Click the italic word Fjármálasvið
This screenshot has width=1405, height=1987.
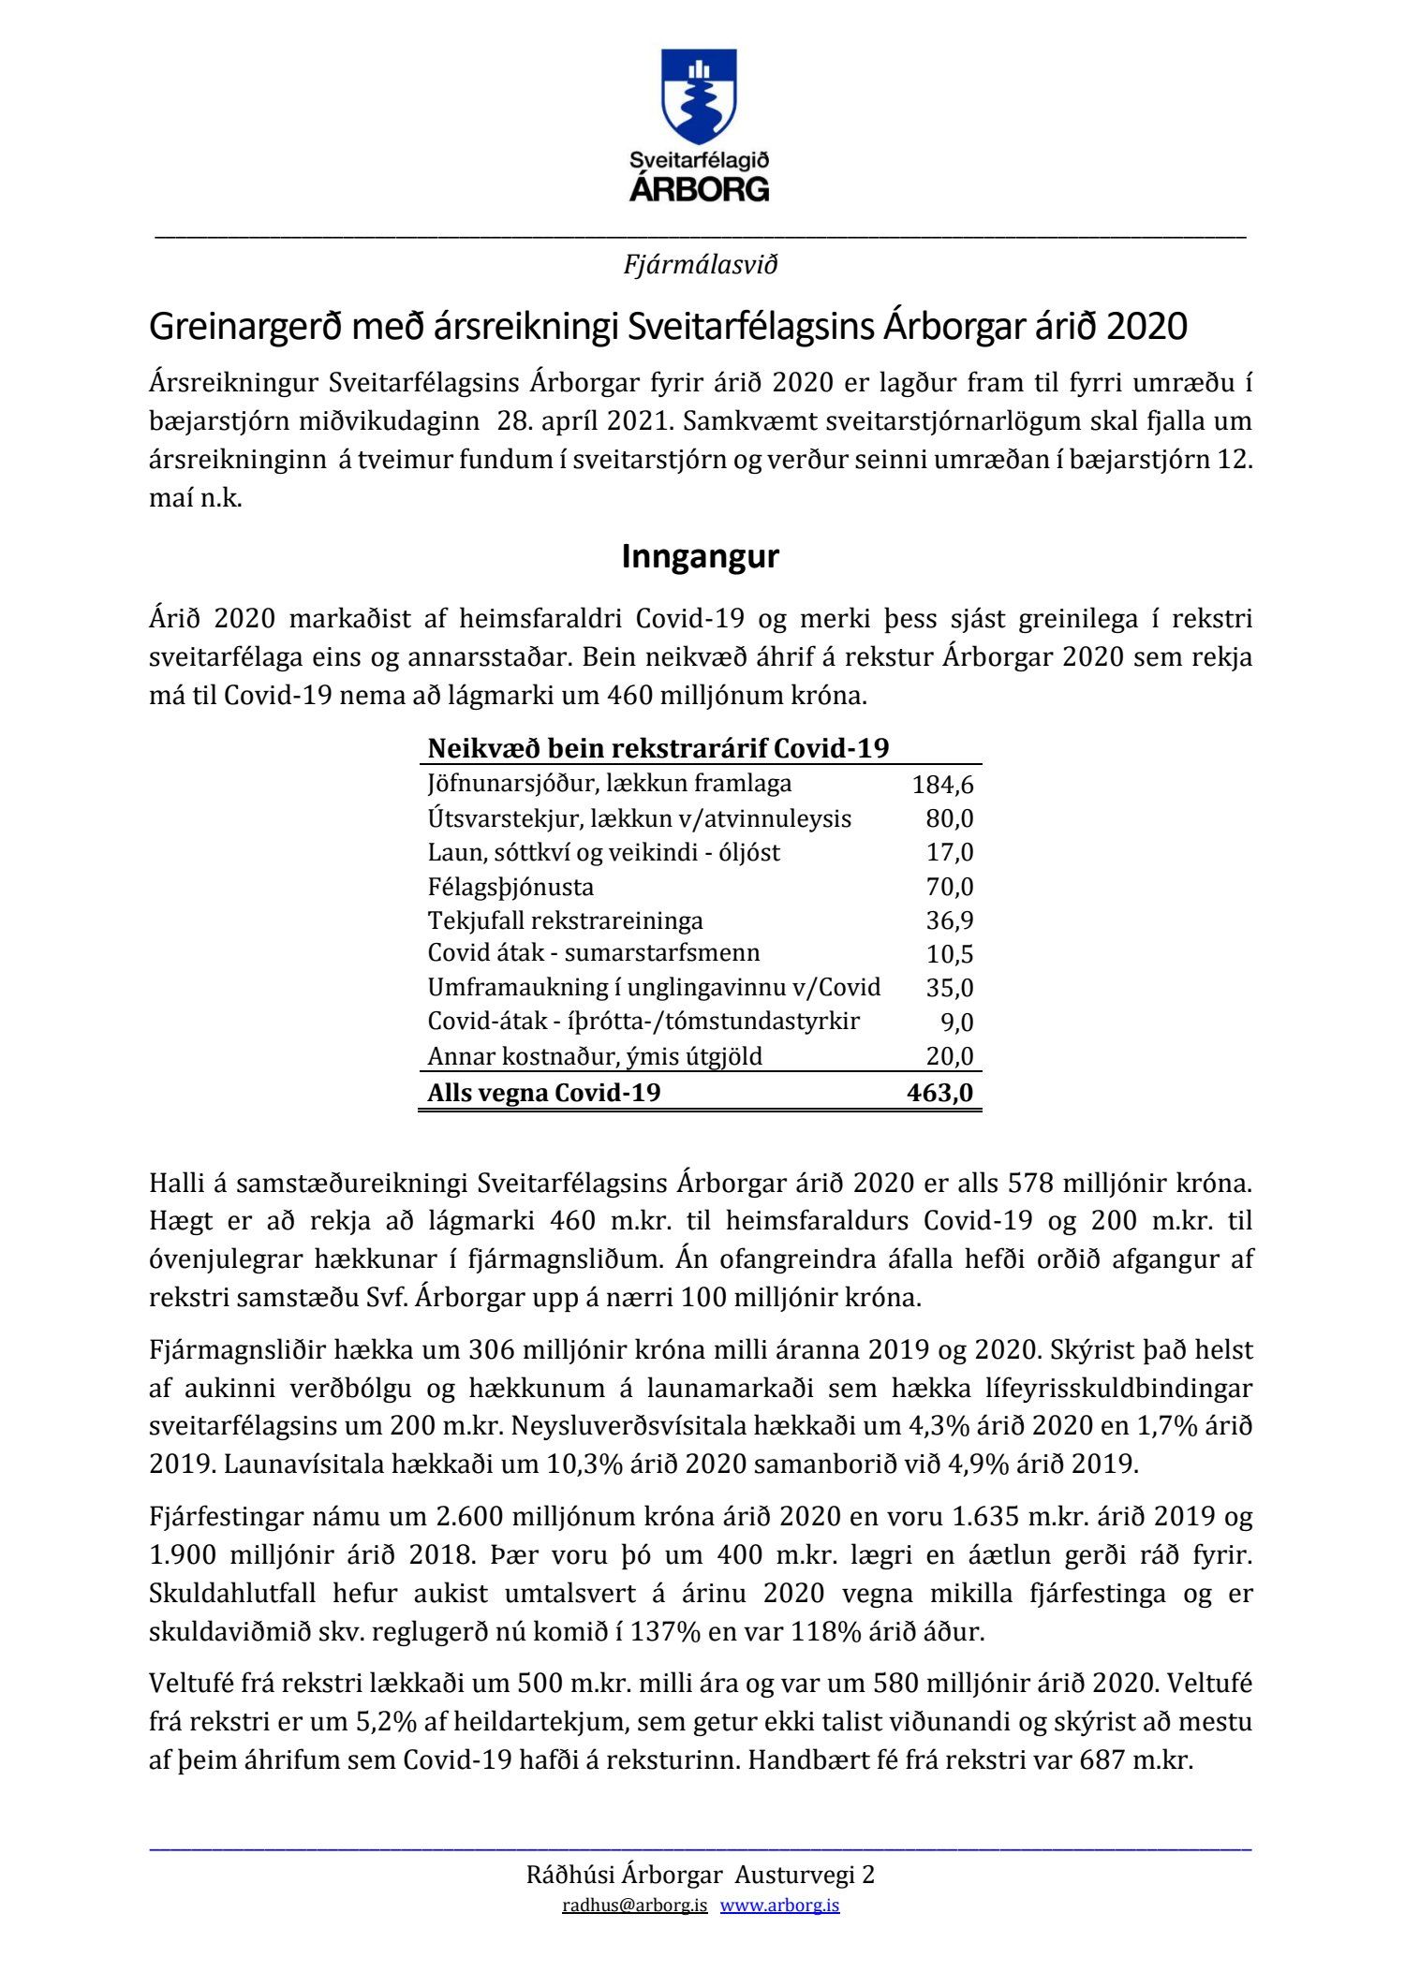pos(701,266)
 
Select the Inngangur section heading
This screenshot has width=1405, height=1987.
pos(700,557)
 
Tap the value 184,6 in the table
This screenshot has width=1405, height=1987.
pos(942,785)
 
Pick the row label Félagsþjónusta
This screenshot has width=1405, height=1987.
pos(510,887)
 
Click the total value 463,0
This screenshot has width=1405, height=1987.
pos(939,1093)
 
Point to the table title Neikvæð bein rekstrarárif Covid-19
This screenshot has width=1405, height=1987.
pos(658,749)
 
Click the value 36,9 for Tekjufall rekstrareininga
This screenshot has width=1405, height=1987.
pos(950,920)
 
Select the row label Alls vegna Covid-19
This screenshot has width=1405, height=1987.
pos(544,1093)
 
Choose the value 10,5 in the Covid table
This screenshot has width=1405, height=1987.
pos(950,954)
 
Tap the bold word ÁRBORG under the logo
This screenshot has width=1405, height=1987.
pos(700,189)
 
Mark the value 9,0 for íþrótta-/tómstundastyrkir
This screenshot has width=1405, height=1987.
pos(957,1023)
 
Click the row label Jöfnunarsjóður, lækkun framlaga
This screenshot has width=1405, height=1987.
pos(610,784)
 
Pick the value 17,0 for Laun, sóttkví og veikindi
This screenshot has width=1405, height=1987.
pos(950,852)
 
